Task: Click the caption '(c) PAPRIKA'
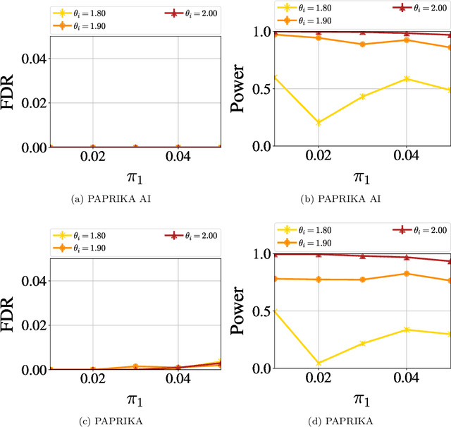tap(114, 421)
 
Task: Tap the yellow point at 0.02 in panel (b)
tap(319, 123)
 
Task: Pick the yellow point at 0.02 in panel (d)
tap(319, 363)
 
